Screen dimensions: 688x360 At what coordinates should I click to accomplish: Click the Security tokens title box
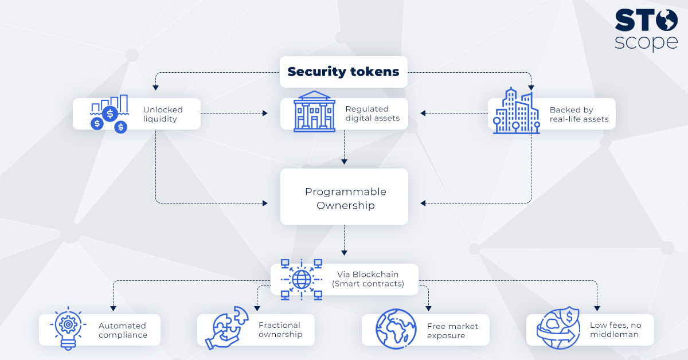343,72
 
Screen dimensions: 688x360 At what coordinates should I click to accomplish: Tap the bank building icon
314,112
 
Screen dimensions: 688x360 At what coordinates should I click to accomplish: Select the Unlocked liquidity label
163,114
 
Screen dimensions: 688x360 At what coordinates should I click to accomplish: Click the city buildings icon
517,111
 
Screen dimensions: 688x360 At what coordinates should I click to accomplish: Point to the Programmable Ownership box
344,197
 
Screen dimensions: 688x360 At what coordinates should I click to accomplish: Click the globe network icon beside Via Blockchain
302,280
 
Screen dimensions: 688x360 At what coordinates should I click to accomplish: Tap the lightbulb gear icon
68,328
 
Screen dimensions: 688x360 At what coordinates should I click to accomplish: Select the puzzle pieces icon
226,328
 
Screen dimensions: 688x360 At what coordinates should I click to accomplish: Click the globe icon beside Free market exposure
396,329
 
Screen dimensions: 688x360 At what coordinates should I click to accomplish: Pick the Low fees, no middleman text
616,330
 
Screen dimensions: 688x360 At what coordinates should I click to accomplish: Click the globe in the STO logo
666,20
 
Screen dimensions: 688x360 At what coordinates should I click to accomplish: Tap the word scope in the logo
646,42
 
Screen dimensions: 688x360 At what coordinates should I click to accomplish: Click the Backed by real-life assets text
579,114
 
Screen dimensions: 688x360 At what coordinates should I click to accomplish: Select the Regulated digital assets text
372,114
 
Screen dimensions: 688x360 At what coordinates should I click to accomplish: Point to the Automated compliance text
123,330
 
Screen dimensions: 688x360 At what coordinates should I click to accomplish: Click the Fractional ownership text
280,330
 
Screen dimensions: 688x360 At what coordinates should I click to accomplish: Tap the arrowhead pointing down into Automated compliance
113,308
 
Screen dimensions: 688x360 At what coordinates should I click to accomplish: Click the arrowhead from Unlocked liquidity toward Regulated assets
265,114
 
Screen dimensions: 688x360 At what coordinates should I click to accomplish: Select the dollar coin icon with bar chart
110,114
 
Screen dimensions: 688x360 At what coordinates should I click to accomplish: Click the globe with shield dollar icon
558,328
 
